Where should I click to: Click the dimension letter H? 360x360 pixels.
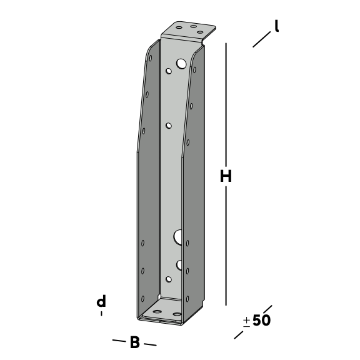pos(226,176)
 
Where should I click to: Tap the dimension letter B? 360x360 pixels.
pos(135,342)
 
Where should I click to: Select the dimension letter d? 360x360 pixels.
pos(101,301)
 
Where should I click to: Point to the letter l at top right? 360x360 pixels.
pos(277,26)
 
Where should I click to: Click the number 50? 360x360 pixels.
pos(261,320)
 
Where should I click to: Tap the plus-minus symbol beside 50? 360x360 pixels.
pos(247,322)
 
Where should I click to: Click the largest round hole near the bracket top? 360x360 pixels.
pos(181,64)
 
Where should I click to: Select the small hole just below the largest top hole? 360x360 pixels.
pos(169,71)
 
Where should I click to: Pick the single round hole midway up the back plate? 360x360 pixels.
pos(169,126)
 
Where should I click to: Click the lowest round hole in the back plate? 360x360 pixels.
pos(169,279)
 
